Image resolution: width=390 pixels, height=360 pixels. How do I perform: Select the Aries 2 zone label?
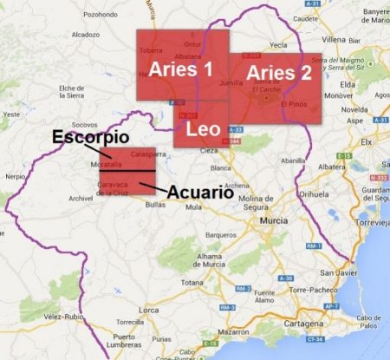277,73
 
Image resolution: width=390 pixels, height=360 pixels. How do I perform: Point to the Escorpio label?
90,137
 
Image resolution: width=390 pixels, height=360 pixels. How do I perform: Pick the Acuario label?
200,192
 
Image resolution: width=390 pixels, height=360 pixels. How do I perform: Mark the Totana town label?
192,283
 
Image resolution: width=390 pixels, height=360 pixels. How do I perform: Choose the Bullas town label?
156,205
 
